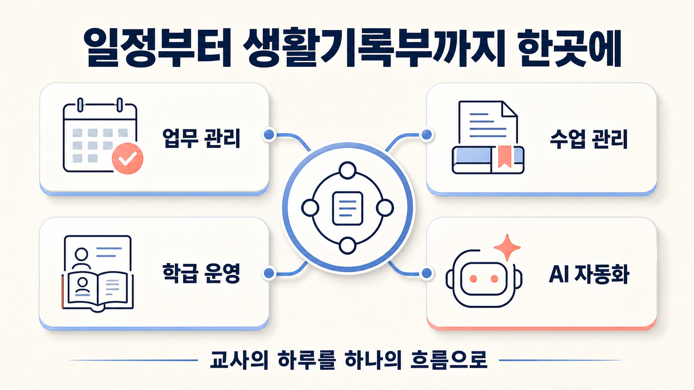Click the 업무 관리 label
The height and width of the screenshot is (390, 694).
pos(201,138)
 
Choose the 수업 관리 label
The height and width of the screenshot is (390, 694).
pos(588,139)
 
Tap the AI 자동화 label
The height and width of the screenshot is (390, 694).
pos(589,274)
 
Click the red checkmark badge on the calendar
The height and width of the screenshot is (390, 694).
pos(127,158)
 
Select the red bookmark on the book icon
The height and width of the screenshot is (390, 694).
pos(504,156)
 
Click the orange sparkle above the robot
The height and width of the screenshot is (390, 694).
pos(507,247)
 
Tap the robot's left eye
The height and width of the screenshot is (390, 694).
pos(473,279)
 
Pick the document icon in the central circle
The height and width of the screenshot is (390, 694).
pos(347,208)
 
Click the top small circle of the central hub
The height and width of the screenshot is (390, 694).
pos(347,170)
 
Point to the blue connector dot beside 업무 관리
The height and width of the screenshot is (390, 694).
pos(269,135)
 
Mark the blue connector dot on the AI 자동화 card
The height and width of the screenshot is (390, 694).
pos(427,273)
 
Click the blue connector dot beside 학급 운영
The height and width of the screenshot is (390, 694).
pos(269,273)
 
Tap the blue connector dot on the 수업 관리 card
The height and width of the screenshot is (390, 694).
pos(427,135)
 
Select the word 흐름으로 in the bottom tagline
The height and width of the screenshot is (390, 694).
pos(449,360)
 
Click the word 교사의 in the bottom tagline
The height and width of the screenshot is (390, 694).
pos(239,360)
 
